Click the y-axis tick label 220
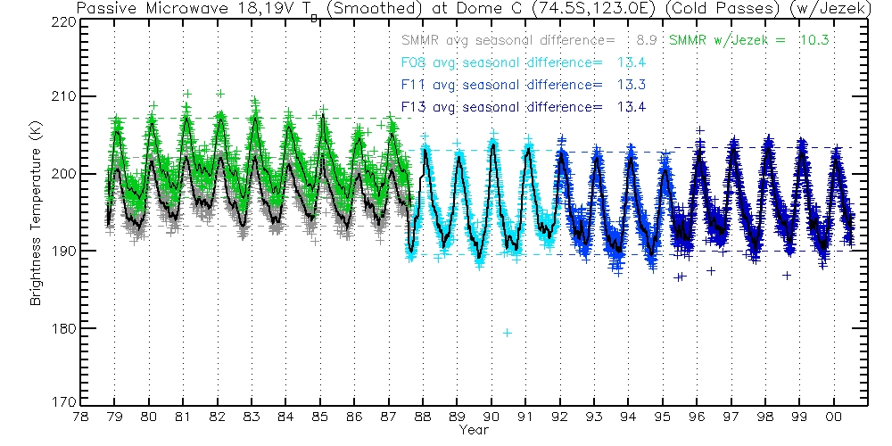point(63,20)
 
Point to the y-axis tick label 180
point(63,328)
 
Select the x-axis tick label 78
point(80,417)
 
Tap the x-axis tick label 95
point(663,417)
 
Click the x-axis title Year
point(473,430)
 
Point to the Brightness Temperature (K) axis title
point(37,211)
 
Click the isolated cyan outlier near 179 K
point(508,333)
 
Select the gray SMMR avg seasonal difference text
point(508,41)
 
